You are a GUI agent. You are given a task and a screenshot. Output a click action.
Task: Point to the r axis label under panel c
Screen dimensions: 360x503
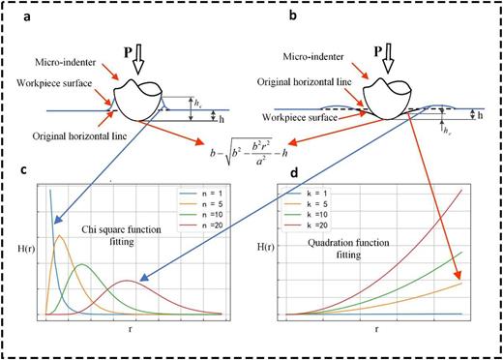coord(129,329)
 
